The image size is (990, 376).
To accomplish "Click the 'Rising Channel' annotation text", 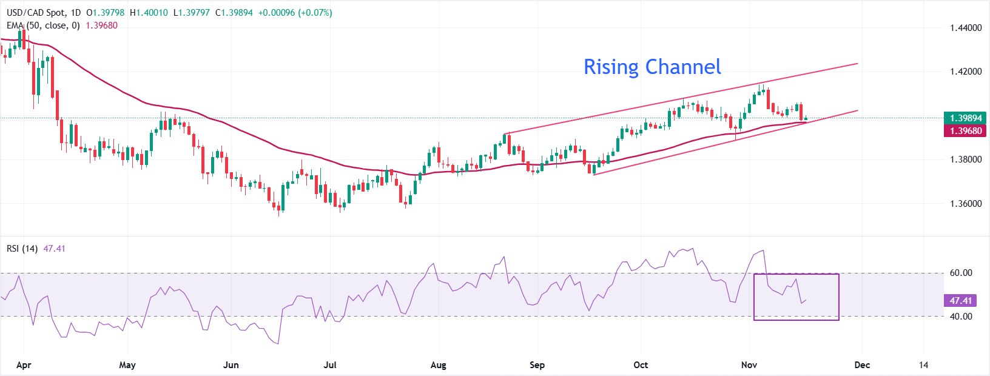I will [x=652, y=67].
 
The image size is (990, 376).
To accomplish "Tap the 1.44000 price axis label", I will [x=966, y=28].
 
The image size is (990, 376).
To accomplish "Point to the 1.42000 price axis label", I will [x=966, y=72].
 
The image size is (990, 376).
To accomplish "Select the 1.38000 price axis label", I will [x=966, y=159].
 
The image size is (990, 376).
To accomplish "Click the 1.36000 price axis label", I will [x=966, y=204].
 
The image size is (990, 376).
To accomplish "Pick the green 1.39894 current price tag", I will [x=966, y=118].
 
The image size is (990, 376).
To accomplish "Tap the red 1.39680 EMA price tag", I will [x=966, y=131].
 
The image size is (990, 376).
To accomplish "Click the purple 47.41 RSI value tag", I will [x=961, y=301].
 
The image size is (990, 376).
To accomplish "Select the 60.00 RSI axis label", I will [x=961, y=273].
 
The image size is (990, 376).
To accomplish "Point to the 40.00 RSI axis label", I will [x=961, y=317].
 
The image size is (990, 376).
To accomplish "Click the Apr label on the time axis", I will [x=24, y=365].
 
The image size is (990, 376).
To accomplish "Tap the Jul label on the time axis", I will [x=330, y=365].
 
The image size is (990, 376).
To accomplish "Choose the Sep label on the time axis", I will [x=537, y=365].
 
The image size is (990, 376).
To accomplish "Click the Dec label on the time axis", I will [x=862, y=365].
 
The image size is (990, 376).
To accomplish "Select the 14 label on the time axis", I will [x=923, y=365].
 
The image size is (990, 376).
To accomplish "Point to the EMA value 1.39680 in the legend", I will [x=101, y=25].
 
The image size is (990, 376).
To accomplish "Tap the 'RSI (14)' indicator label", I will [x=22, y=249].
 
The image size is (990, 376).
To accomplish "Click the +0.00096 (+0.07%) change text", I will [x=295, y=13].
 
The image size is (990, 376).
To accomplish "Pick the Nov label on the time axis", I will [x=749, y=365].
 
